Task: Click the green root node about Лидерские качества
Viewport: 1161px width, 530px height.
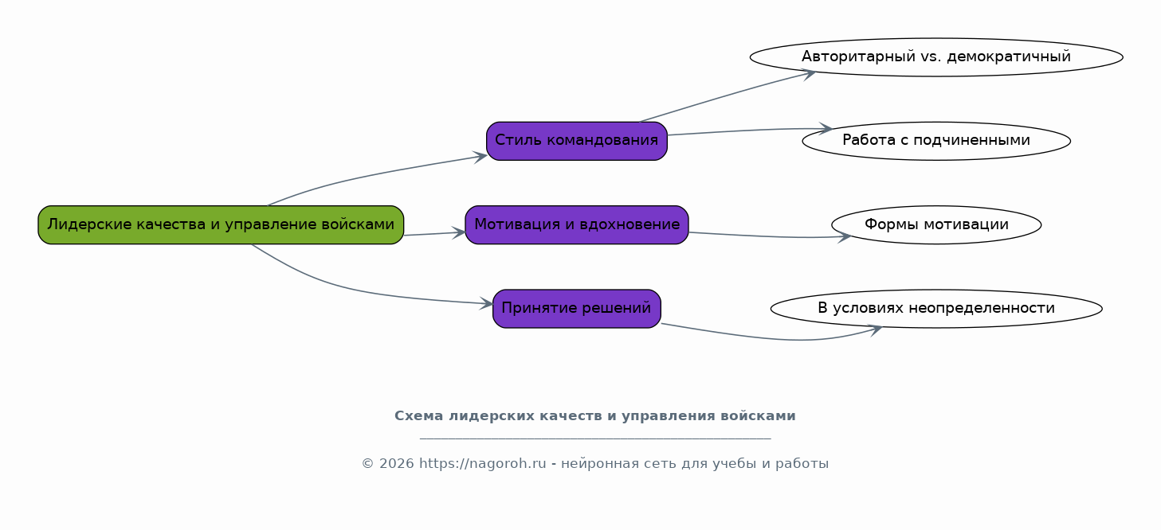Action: pyautogui.click(x=221, y=224)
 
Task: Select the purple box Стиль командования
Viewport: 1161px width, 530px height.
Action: pyautogui.click(x=577, y=141)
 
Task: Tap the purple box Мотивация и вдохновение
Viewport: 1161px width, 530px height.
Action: pyautogui.click(x=577, y=224)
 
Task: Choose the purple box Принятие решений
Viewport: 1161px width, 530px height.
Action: pyautogui.click(x=577, y=309)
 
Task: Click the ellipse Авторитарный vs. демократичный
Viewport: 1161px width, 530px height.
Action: pyautogui.click(x=936, y=57)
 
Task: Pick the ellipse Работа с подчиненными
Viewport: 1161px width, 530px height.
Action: pyautogui.click(x=936, y=141)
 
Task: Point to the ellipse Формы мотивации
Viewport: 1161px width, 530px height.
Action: pyautogui.click(x=936, y=224)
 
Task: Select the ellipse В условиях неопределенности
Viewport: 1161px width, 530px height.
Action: pyautogui.click(x=936, y=309)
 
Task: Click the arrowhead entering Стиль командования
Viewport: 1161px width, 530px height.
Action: pyautogui.click(x=480, y=157)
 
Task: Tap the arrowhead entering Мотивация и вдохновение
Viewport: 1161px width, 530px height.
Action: pyautogui.click(x=459, y=233)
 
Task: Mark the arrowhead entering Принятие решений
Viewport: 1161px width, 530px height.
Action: pyautogui.click(x=486, y=304)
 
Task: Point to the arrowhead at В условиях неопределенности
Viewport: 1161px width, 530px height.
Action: pyautogui.click(x=876, y=329)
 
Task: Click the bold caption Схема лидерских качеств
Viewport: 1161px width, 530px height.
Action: pyautogui.click(x=595, y=416)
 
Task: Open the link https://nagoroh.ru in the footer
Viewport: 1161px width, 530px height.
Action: pyautogui.click(x=483, y=464)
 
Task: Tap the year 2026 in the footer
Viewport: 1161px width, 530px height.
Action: pyautogui.click(x=397, y=464)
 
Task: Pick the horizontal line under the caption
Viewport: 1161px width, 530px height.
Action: pyautogui.click(x=595, y=439)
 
